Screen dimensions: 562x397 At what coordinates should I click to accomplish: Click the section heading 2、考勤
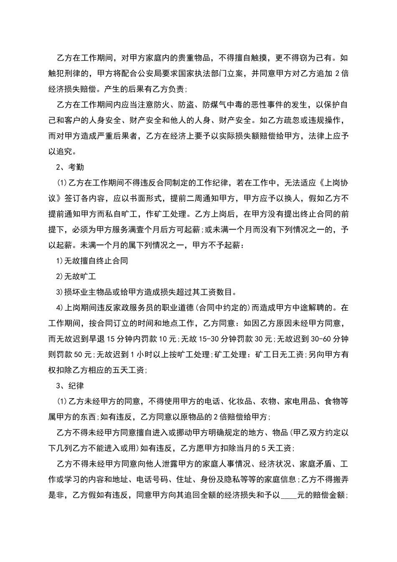tap(70, 167)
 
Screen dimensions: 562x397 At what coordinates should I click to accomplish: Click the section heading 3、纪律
tap(70, 386)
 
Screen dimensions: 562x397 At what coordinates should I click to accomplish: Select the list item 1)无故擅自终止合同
tap(92, 261)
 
